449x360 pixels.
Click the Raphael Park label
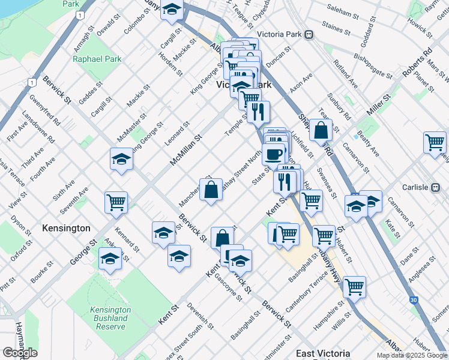point(97,59)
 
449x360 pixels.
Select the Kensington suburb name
point(66,229)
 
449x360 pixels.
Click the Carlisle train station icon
point(438,187)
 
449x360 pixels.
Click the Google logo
point(20,353)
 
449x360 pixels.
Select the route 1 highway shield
point(79,14)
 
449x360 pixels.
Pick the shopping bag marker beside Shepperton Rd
point(321,130)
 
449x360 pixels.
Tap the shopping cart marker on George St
point(116,202)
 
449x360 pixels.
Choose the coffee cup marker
point(274,154)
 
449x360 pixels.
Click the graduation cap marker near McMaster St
point(121,160)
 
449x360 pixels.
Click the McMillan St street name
point(185,150)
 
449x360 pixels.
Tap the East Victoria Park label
point(323,354)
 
